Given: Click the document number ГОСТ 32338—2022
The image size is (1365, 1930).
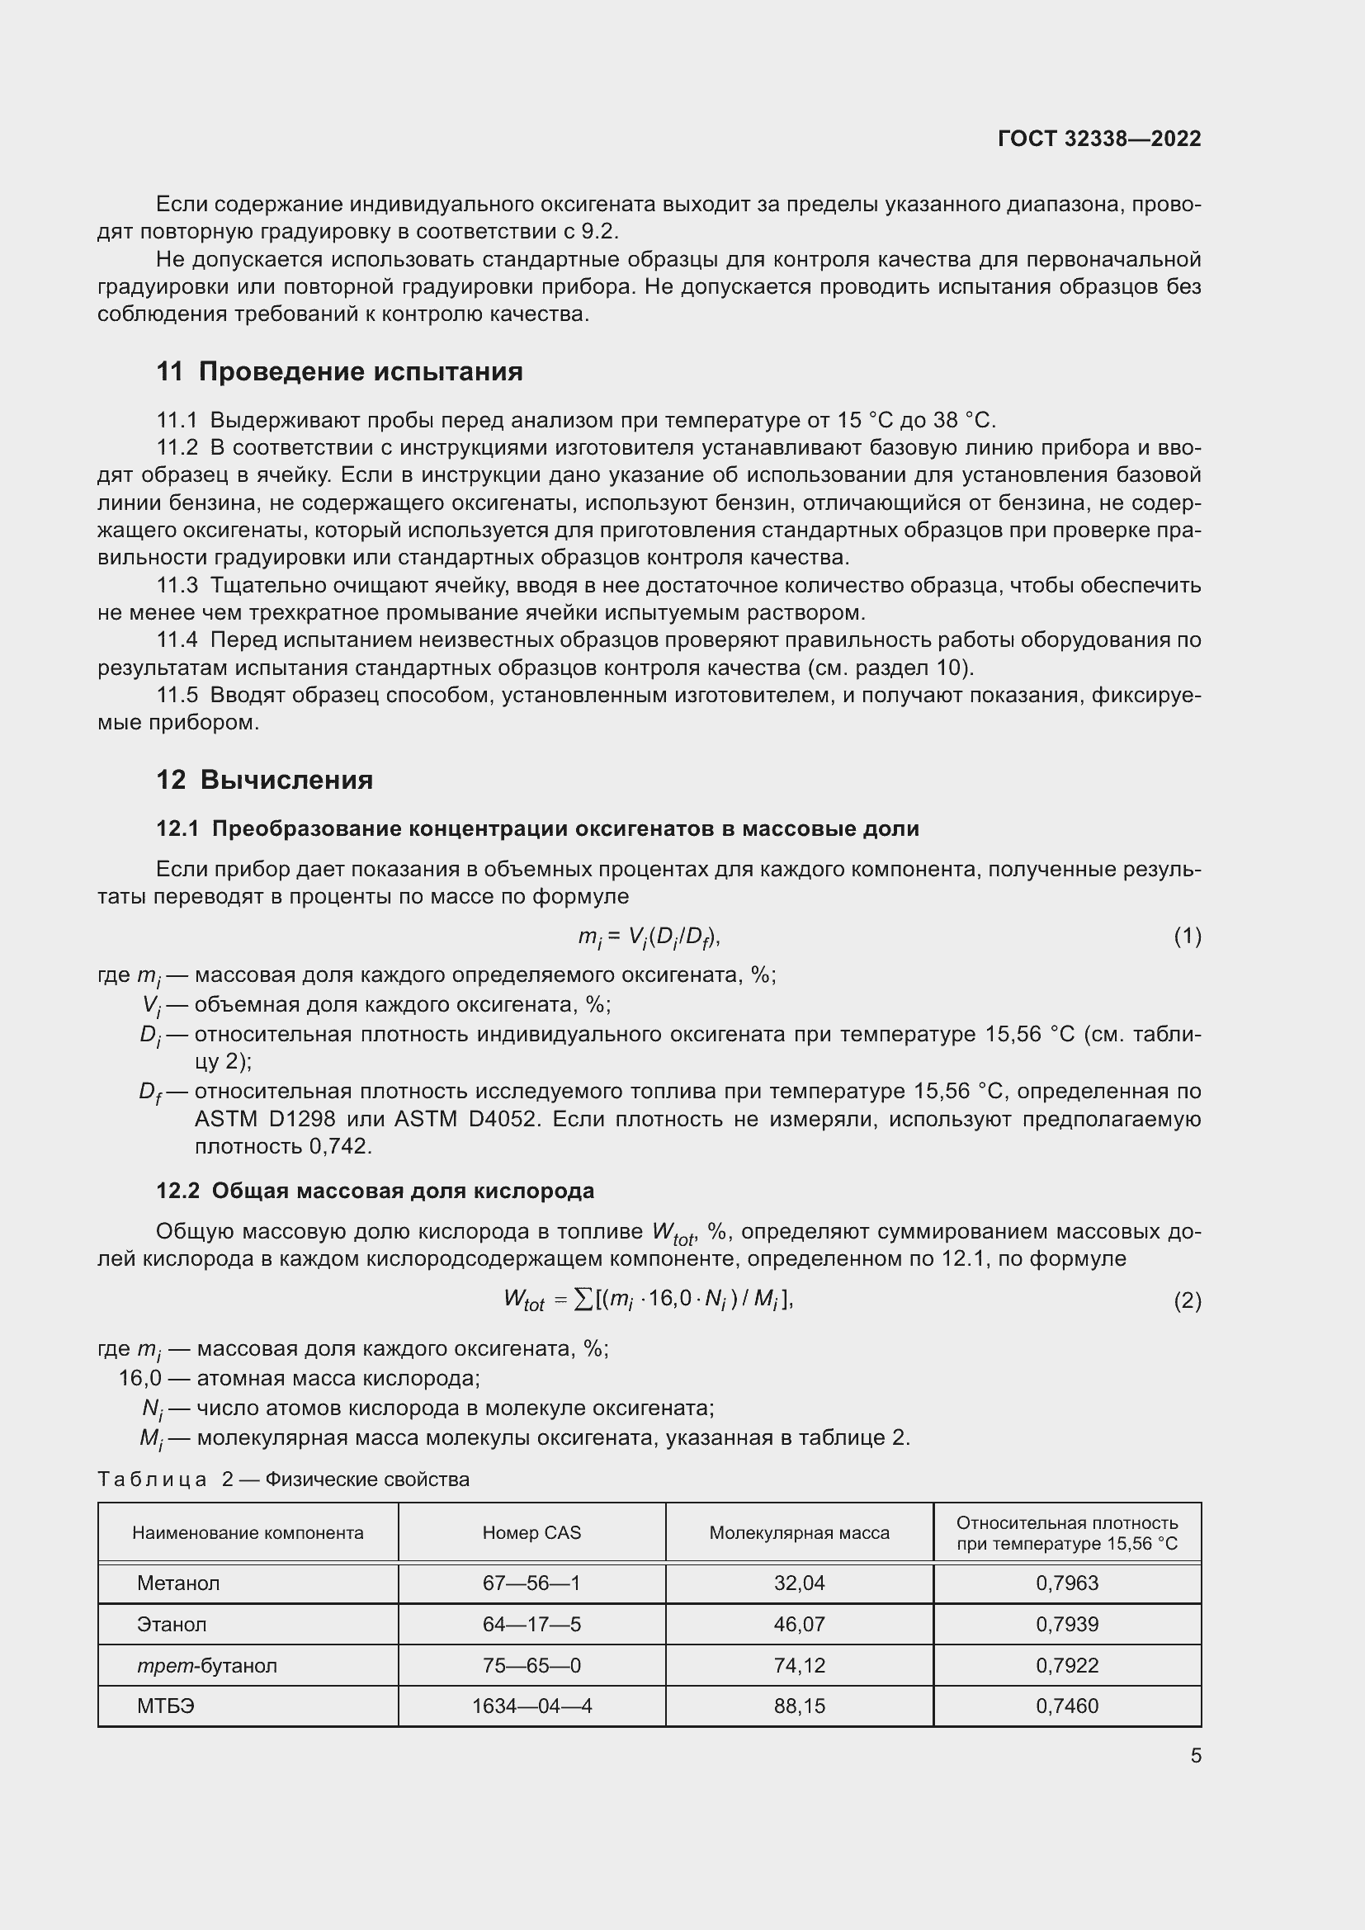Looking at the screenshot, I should [x=1098, y=139].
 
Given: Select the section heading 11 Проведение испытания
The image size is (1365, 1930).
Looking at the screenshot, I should [x=339, y=371].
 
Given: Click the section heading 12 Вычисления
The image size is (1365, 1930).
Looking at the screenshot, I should [x=265, y=780].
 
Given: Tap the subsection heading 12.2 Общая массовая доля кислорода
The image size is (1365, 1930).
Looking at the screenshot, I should [x=375, y=1192].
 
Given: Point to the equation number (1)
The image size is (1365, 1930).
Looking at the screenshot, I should [x=1187, y=937].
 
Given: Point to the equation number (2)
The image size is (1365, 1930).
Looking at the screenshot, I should [x=1187, y=1301].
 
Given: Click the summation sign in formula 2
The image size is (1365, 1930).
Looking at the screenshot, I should [x=583, y=1300].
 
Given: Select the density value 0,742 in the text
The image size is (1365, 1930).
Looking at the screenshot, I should [x=340, y=1147].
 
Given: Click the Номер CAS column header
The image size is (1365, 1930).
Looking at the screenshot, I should [x=531, y=1532].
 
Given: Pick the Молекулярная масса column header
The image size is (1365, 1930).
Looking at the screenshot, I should [x=799, y=1532].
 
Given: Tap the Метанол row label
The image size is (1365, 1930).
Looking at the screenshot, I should [x=178, y=1583].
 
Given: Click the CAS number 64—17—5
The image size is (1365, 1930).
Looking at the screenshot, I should [x=531, y=1624].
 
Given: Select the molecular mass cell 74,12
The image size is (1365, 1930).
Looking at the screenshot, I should [x=799, y=1665].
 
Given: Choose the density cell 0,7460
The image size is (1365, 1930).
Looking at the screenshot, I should [x=1066, y=1706].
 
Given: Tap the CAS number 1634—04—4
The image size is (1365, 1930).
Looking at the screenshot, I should [x=531, y=1706].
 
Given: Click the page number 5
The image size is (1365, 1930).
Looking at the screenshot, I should [x=1195, y=1756].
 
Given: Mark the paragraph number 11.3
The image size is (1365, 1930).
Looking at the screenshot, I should [x=177, y=585].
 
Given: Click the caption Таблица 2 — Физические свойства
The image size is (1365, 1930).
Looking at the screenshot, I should [x=283, y=1479].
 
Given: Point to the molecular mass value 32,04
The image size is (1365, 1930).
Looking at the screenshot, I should [x=799, y=1583].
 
